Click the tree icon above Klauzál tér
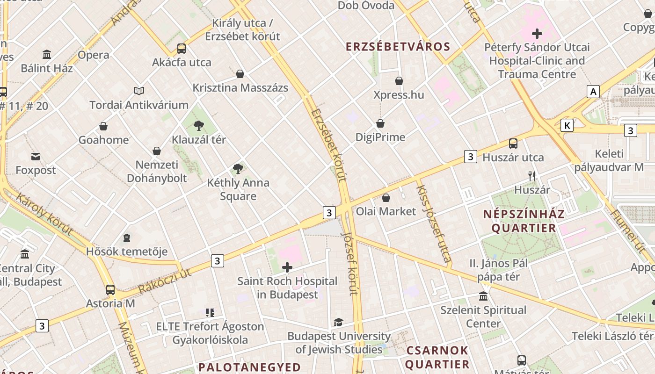[199, 125]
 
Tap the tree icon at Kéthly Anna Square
[238, 169]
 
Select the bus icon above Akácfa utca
[182, 48]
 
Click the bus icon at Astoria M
[110, 289]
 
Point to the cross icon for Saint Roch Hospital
[287, 267]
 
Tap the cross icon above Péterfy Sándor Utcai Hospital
[537, 33]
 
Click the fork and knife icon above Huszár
[532, 176]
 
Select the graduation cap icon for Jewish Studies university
[338, 322]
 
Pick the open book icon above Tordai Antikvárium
[139, 91]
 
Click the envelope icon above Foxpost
[36, 156]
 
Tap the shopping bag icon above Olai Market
[386, 198]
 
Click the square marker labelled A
[594, 92]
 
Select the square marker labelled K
[567, 125]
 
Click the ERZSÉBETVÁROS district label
[398, 47]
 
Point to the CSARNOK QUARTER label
[437, 357]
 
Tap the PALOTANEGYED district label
[249, 367]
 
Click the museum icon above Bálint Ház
[47, 55]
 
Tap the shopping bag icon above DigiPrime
[380, 123]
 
